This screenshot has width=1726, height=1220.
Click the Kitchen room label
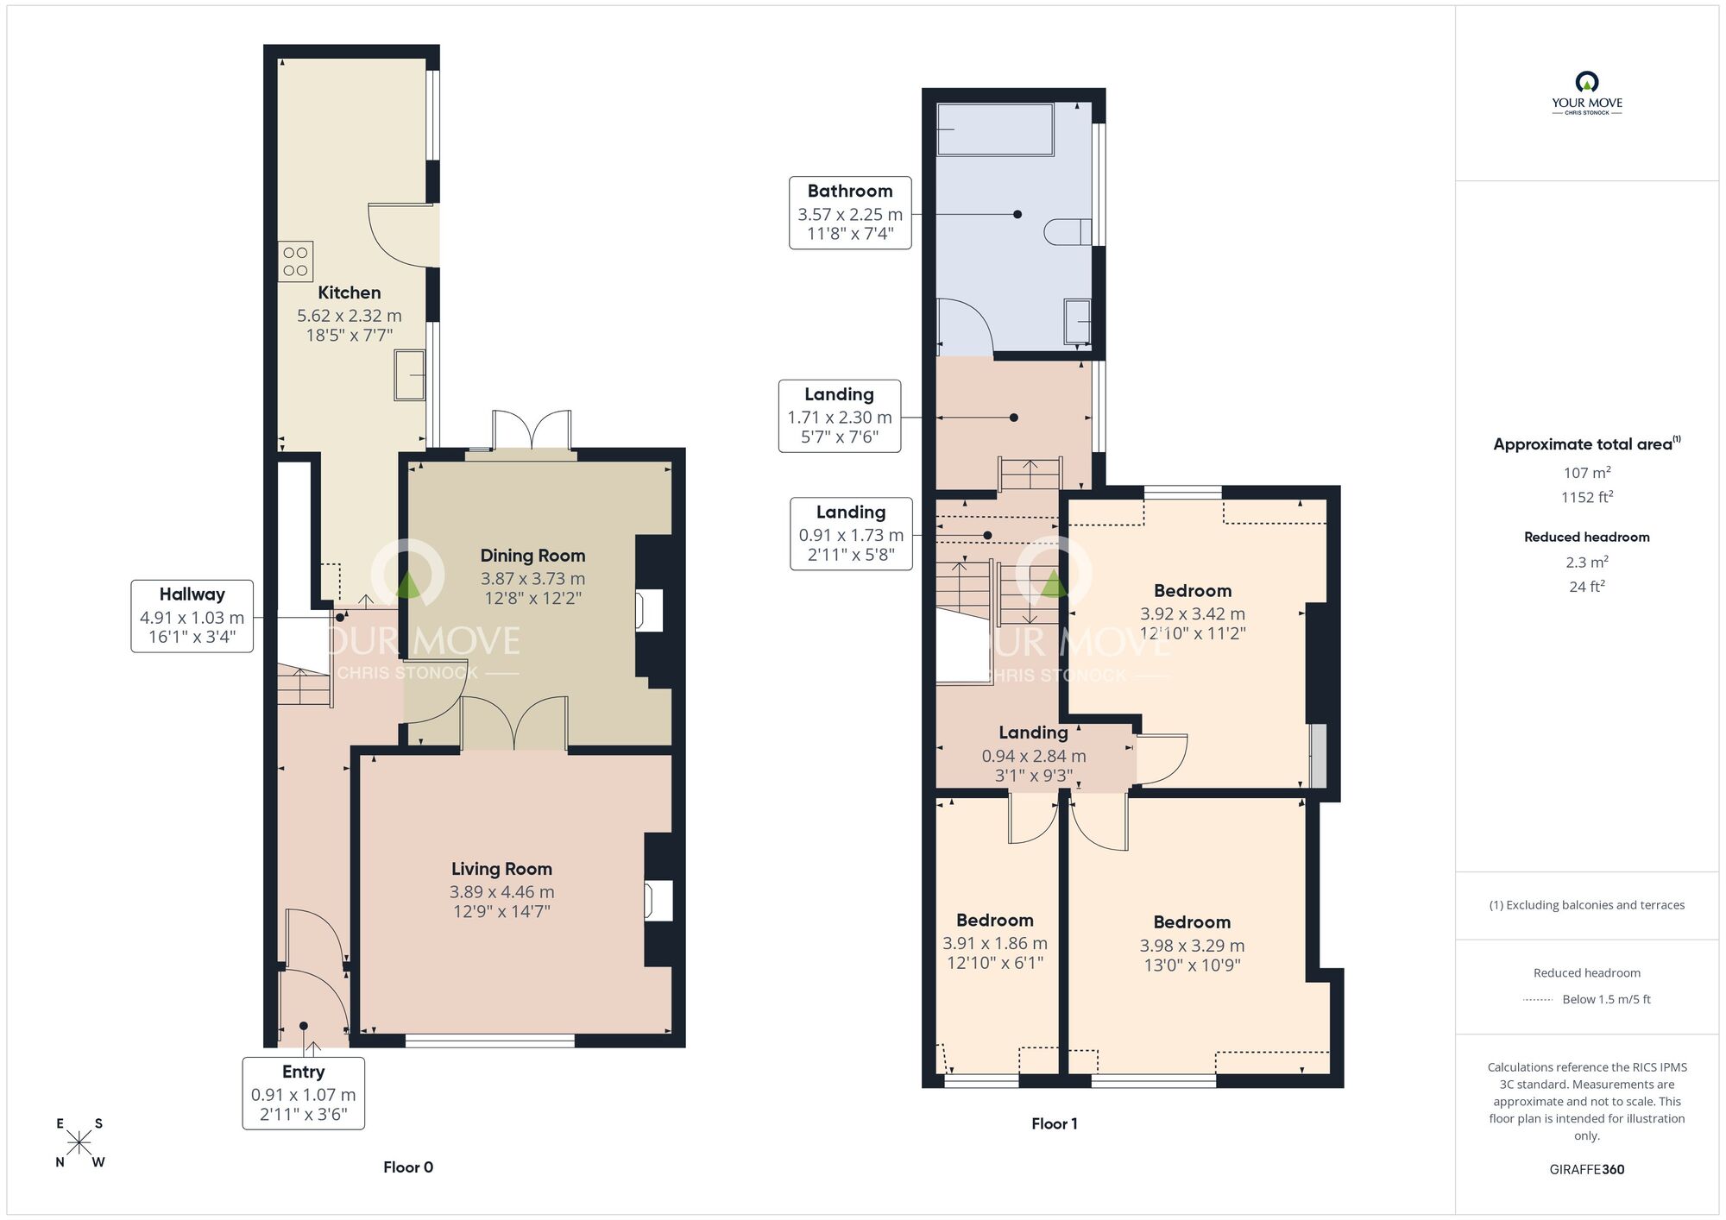click(x=349, y=292)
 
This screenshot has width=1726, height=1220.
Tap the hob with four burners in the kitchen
click(x=295, y=261)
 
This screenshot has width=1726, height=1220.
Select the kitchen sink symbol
click(x=410, y=375)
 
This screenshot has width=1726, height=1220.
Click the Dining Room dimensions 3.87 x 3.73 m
click(x=532, y=579)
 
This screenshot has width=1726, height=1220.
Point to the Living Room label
click(x=501, y=869)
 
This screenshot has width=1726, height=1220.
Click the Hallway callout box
click(x=192, y=616)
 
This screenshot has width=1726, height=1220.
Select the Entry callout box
click(x=303, y=1093)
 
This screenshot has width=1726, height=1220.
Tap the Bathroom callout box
click(x=850, y=213)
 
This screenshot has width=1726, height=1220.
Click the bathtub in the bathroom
click(x=995, y=129)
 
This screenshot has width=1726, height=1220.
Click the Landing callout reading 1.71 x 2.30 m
click(x=839, y=416)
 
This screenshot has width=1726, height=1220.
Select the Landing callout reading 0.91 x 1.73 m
click(x=851, y=534)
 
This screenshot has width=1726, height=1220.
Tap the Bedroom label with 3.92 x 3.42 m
click(x=1192, y=591)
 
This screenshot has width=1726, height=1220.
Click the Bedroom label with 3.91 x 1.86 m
click(x=994, y=920)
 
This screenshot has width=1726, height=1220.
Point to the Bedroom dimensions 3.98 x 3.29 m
click(x=1192, y=946)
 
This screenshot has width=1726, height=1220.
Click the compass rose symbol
click(x=79, y=1143)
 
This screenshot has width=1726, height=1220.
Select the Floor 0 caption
click(x=408, y=1167)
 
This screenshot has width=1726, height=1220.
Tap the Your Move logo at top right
click(x=1586, y=93)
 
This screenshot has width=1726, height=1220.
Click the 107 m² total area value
click(x=1586, y=473)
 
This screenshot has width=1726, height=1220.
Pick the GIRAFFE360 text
click(x=1586, y=1170)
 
